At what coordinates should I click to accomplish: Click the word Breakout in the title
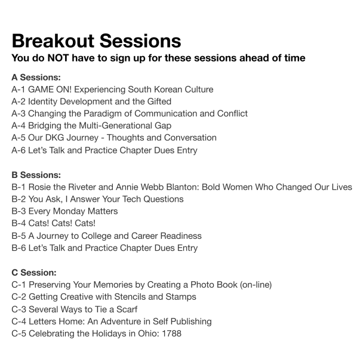[x=53, y=41]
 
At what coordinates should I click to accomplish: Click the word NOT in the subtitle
[x=58, y=58]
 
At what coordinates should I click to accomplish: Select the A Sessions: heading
[x=36, y=78]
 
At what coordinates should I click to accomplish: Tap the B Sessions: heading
[x=36, y=175]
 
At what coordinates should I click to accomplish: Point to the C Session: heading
[x=34, y=272]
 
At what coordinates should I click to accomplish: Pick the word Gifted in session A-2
[x=159, y=101]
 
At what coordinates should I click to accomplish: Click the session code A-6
[x=19, y=150]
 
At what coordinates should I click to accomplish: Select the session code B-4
[x=19, y=223]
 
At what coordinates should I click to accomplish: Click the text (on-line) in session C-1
[x=256, y=285]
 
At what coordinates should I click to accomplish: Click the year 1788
[x=172, y=333]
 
